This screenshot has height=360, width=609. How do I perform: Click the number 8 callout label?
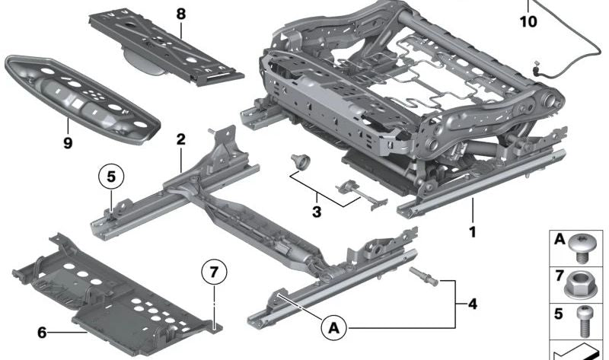180,13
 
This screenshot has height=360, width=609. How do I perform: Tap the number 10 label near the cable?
528,22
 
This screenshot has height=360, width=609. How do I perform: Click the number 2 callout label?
180,139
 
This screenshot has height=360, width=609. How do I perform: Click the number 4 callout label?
472,305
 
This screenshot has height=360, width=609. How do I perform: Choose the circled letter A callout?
332,329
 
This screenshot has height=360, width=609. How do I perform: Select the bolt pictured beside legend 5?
587,320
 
